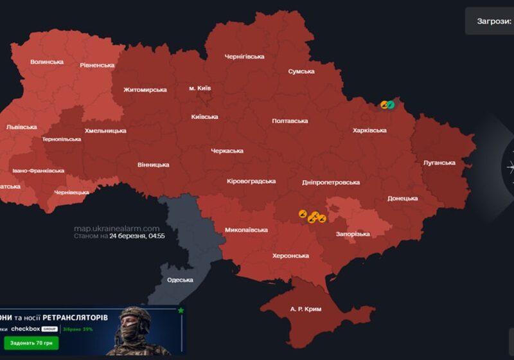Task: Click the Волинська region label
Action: tap(47, 62)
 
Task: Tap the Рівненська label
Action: tap(97, 65)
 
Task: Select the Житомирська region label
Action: tap(145, 90)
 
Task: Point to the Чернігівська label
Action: tap(244, 57)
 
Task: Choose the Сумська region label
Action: tap(301, 71)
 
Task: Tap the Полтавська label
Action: tap(290, 121)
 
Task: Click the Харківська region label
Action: tap(370, 130)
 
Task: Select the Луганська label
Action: tap(439, 163)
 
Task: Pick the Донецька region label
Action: tap(403, 199)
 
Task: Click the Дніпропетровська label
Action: tap(331, 183)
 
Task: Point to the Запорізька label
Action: tap(353, 234)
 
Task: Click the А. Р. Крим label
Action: tap(306, 309)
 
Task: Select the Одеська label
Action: tap(180, 280)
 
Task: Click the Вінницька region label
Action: tap(154, 165)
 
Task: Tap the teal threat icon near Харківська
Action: tap(391, 104)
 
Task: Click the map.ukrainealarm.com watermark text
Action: tap(116, 228)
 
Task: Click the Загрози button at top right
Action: tap(493, 21)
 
